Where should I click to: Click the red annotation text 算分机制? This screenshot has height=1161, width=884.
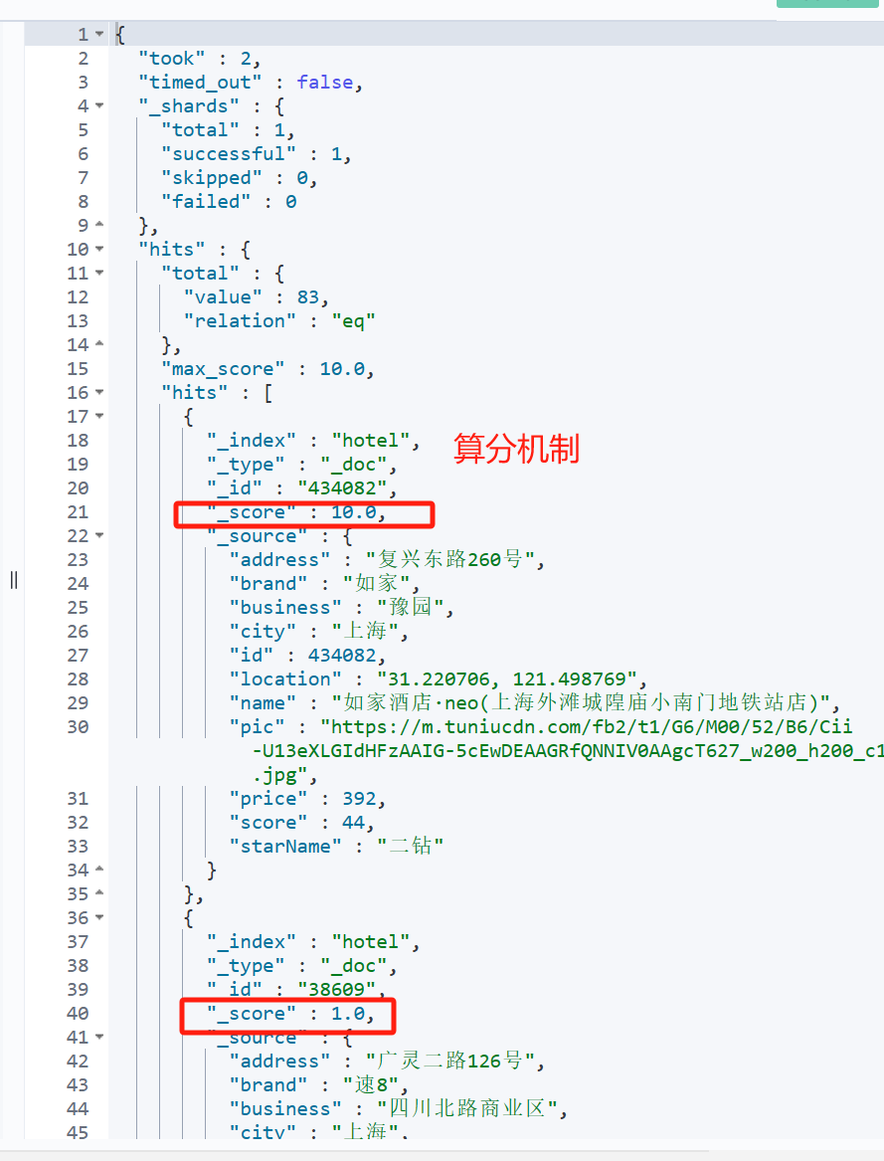pyautogui.click(x=516, y=449)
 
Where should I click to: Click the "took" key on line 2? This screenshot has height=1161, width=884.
pyautogui.click(x=172, y=59)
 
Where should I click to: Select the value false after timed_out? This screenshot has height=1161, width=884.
pyautogui.click(x=324, y=83)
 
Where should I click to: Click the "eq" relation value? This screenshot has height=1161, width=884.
pyautogui.click(x=354, y=321)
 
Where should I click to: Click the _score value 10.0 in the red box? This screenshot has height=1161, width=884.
pyautogui.click(x=354, y=512)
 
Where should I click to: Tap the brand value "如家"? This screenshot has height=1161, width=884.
pyautogui.click(x=376, y=584)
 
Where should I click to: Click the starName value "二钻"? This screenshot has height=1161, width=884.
pyautogui.click(x=410, y=847)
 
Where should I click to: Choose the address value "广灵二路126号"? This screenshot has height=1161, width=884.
pyautogui.click(x=454, y=1062)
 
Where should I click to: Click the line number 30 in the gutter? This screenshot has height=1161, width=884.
pyautogui.click(x=78, y=727)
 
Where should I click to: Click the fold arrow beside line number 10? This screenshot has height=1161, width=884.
pyautogui.click(x=99, y=250)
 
